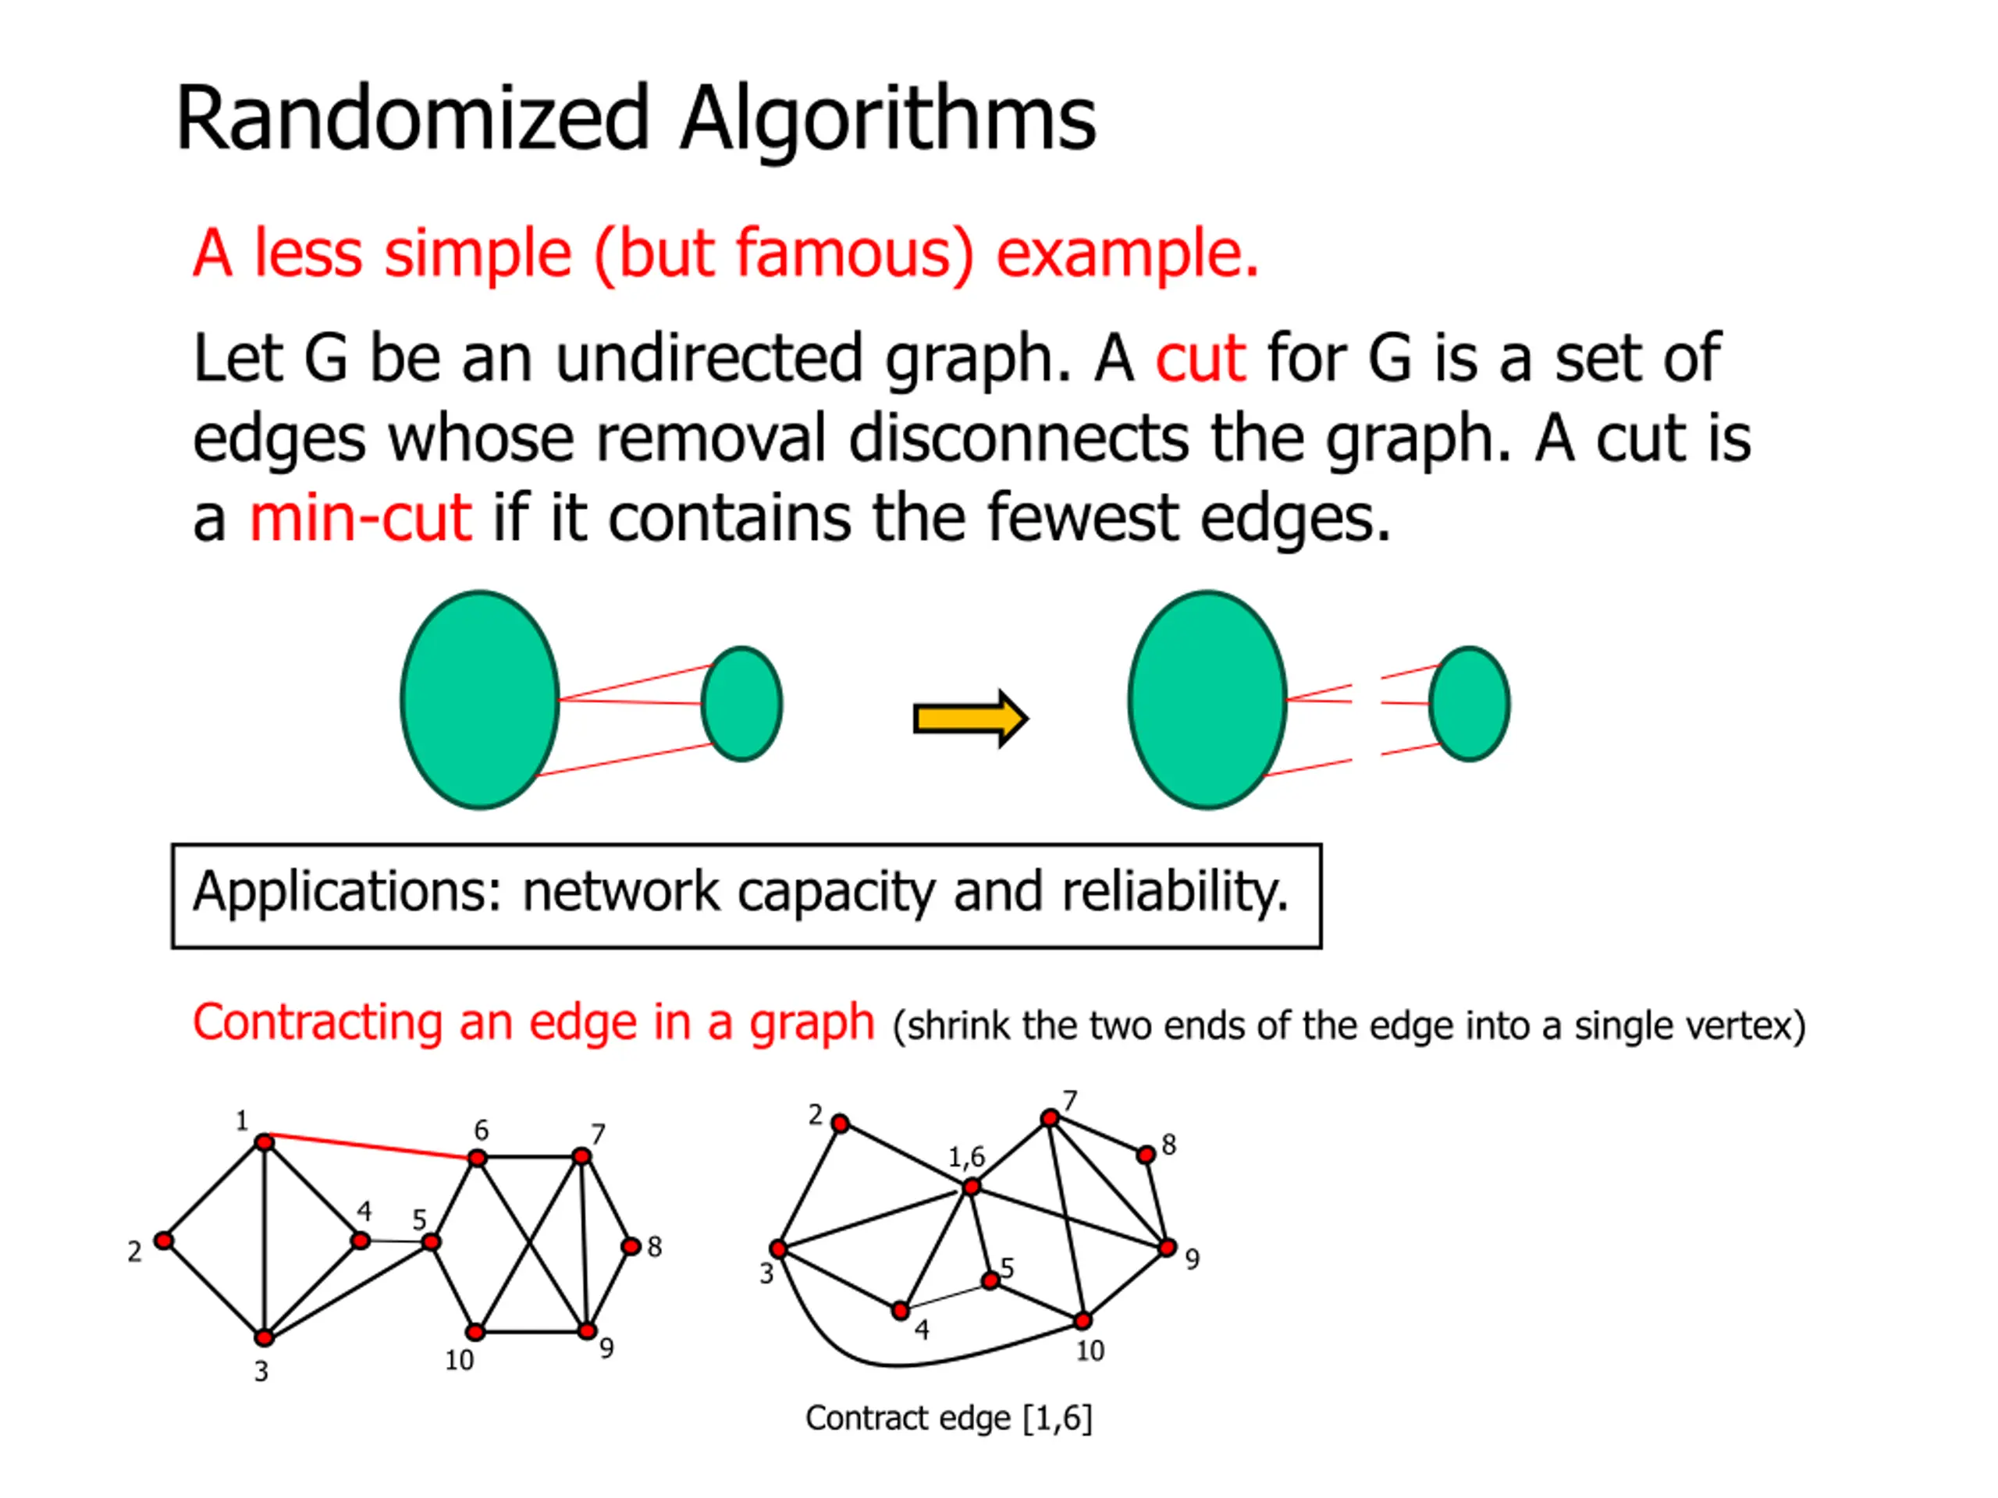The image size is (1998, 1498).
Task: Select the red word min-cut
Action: (x=360, y=518)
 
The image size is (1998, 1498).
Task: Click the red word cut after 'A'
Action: (x=1200, y=358)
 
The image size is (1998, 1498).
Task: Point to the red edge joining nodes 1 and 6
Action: (x=371, y=1146)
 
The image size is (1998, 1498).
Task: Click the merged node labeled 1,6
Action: (x=971, y=1187)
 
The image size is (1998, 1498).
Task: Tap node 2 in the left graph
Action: (x=163, y=1241)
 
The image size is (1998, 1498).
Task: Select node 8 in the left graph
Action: (x=631, y=1247)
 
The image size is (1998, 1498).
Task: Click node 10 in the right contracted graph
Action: (x=1082, y=1322)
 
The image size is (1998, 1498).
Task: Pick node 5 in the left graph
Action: (x=432, y=1242)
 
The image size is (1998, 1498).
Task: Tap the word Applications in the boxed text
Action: (x=346, y=892)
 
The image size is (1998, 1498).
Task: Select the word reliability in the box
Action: (x=1175, y=892)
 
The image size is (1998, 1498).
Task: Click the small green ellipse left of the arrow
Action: (x=741, y=704)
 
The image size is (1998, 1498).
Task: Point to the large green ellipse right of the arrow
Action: (x=1207, y=700)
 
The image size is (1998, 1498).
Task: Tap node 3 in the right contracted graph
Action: (x=777, y=1250)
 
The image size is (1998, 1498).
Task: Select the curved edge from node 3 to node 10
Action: (x=894, y=1364)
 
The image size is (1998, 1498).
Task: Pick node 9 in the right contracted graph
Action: (x=1167, y=1248)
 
